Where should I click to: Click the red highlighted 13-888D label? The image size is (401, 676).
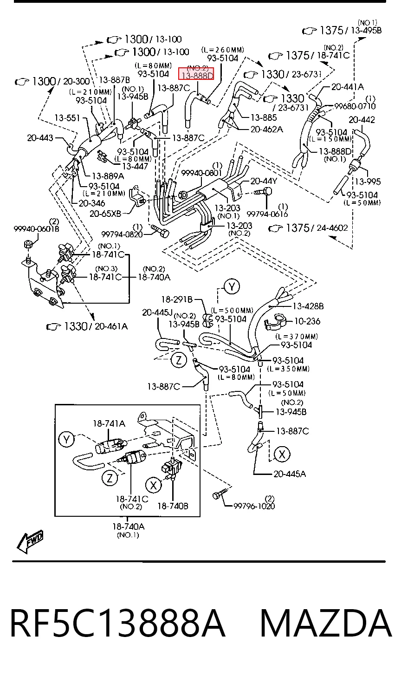pos(198,75)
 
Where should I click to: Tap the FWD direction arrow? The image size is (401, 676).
pos(31,541)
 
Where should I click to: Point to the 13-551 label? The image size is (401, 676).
pos(67,118)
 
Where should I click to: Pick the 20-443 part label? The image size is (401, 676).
pos(40,138)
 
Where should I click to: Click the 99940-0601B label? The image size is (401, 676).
pos(36,229)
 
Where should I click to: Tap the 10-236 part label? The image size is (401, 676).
pos(307,321)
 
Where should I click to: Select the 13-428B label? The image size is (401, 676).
pos(308,306)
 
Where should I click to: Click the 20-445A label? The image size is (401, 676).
pos(290,474)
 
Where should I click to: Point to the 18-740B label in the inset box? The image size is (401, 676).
pos(173,506)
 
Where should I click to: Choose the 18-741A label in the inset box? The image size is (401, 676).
pos(109,424)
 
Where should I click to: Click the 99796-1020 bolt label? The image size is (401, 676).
pos(254,506)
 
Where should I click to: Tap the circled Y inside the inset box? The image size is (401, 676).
pos(67,440)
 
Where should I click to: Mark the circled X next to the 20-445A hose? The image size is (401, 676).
pos(282,454)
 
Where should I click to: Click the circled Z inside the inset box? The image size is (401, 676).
pos(110,478)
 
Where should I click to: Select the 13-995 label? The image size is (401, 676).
pos(368,182)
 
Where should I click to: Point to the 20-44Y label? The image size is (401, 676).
pos(264,181)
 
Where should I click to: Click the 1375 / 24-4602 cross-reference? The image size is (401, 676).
pos(308,228)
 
